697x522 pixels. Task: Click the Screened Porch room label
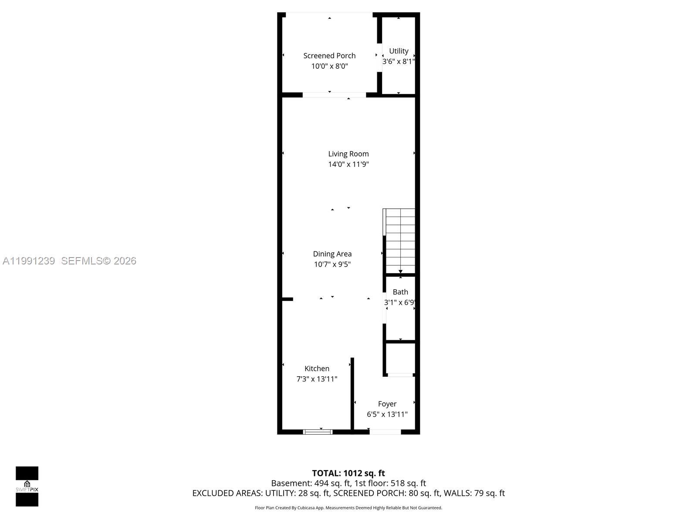[x=329, y=56]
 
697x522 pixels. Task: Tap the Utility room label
[x=399, y=51]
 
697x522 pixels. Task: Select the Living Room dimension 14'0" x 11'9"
[x=348, y=164]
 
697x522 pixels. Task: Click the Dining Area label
[x=332, y=254]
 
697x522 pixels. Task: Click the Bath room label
[x=400, y=292]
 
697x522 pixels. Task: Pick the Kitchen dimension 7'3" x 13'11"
[x=317, y=379]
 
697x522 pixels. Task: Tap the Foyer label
[x=387, y=404]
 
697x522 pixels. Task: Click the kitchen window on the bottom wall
[x=318, y=432]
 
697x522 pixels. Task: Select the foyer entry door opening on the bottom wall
[x=385, y=432]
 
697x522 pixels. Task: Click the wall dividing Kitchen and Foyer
[x=352, y=394]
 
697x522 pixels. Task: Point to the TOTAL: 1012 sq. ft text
[x=348, y=473]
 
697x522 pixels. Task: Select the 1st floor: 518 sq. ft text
[x=390, y=483]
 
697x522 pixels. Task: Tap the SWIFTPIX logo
[x=27, y=486]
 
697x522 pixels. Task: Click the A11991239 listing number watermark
[x=29, y=261]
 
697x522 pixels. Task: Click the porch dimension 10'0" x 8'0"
[x=329, y=66]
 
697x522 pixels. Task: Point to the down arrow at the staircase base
[x=400, y=272]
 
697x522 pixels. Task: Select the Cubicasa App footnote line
[x=348, y=508]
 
